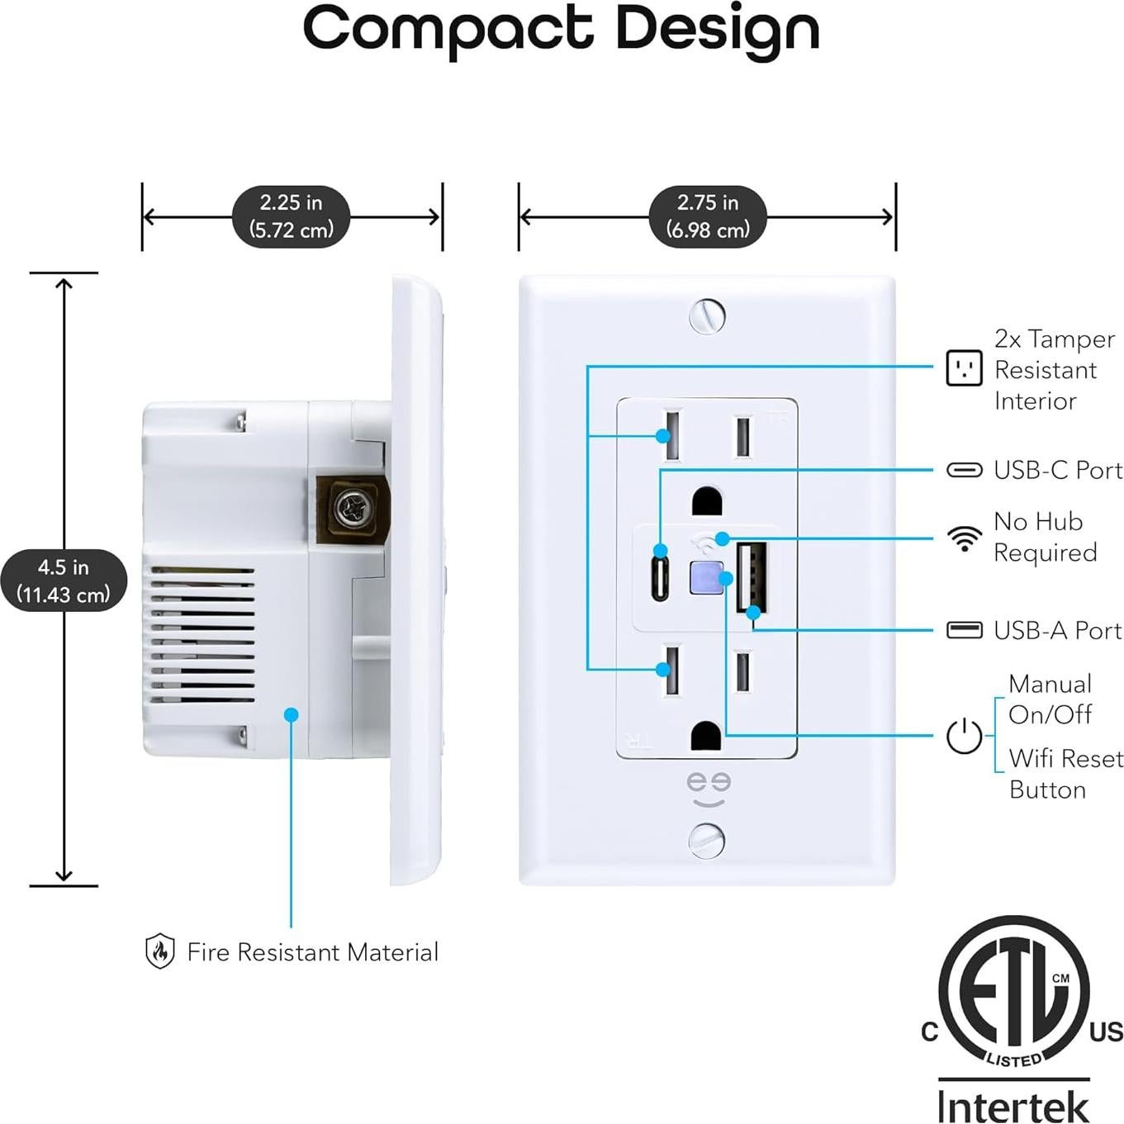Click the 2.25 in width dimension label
coord(292,216)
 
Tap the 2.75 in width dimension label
coord(708,216)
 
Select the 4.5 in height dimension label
coord(64,581)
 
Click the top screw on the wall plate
coord(707,315)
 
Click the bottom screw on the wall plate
coord(707,841)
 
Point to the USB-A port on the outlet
coord(752,576)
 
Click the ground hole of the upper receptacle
coord(707,501)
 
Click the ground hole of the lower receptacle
coord(707,736)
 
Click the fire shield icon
coord(159,951)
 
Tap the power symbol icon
coord(964,736)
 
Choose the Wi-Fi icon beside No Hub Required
coord(964,538)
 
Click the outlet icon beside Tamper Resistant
coord(964,368)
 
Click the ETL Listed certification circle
coord(1013,991)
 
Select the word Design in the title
coord(717,30)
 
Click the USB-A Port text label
coord(1057,631)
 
